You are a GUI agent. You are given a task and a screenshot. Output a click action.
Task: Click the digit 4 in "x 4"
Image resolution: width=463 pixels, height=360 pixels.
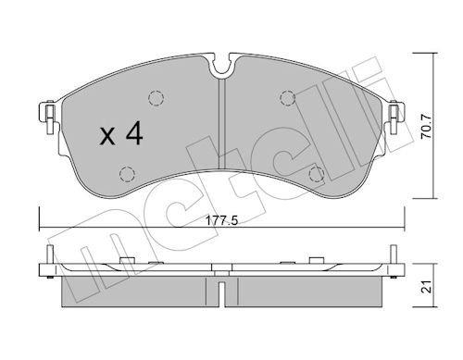coord(134,136)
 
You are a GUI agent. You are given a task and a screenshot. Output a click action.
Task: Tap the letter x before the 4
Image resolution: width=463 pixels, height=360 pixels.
coord(106,138)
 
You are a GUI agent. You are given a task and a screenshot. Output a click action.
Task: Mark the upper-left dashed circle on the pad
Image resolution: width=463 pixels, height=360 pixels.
coord(155,98)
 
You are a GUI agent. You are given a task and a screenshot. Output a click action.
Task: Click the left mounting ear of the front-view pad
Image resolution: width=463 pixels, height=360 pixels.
coord(44,115)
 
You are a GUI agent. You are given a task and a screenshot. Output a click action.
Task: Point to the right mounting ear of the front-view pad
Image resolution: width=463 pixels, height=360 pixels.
coord(395,115)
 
